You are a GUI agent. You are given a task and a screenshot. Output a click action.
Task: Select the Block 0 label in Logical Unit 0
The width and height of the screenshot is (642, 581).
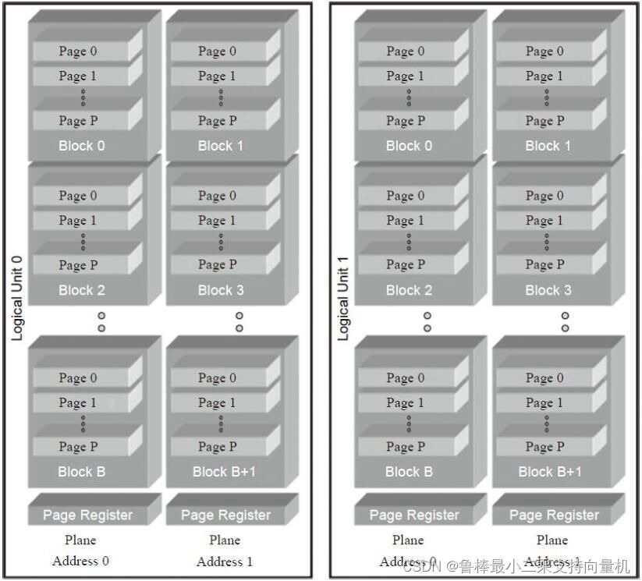tap(81, 146)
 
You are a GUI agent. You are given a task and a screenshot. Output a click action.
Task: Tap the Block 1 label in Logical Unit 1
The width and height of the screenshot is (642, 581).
tap(548, 146)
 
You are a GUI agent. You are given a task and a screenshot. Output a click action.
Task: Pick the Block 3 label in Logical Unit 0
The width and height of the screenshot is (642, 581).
tap(221, 290)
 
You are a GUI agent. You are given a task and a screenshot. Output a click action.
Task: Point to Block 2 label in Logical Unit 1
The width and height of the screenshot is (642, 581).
tap(409, 290)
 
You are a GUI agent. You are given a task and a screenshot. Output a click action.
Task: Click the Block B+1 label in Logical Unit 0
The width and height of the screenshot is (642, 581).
tap(224, 472)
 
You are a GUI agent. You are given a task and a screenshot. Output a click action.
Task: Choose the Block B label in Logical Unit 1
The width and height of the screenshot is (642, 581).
tap(409, 472)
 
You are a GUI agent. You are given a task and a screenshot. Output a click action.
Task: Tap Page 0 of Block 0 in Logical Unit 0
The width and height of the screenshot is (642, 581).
tap(78, 51)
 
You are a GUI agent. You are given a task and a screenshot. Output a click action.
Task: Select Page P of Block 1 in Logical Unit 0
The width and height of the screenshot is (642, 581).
tap(217, 121)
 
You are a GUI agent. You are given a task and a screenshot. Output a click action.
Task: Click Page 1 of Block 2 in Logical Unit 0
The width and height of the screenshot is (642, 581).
tap(78, 221)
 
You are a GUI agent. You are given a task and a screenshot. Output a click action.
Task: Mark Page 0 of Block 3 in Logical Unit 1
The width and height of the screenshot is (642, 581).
tap(544, 196)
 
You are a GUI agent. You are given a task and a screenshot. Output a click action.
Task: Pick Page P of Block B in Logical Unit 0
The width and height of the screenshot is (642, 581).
tap(78, 447)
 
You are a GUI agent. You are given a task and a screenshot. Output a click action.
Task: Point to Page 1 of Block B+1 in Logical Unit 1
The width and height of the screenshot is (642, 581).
tap(544, 403)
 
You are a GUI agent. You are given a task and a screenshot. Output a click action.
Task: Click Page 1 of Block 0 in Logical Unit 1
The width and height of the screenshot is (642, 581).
tap(406, 76)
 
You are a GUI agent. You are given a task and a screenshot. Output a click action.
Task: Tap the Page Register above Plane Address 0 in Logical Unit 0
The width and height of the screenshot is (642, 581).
tap(87, 515)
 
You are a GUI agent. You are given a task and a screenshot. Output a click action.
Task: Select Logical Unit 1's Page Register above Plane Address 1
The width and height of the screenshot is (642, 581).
tap(554, 515)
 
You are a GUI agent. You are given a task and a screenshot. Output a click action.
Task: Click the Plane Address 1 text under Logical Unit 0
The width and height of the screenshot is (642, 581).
tap(225, 551)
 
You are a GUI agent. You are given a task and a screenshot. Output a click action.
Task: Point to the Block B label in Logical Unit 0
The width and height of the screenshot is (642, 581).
tap(81, 472)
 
